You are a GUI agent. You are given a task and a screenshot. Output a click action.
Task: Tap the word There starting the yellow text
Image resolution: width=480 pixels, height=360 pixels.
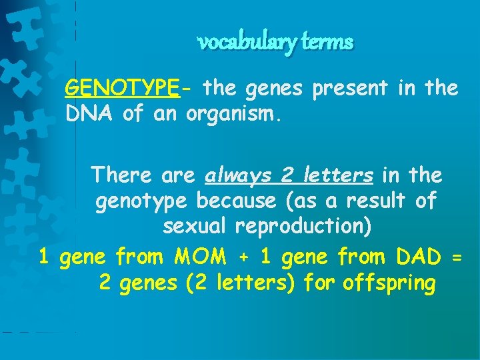pos(123,175)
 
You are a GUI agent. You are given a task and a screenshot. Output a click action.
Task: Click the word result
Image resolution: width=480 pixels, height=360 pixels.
pos(369,201)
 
